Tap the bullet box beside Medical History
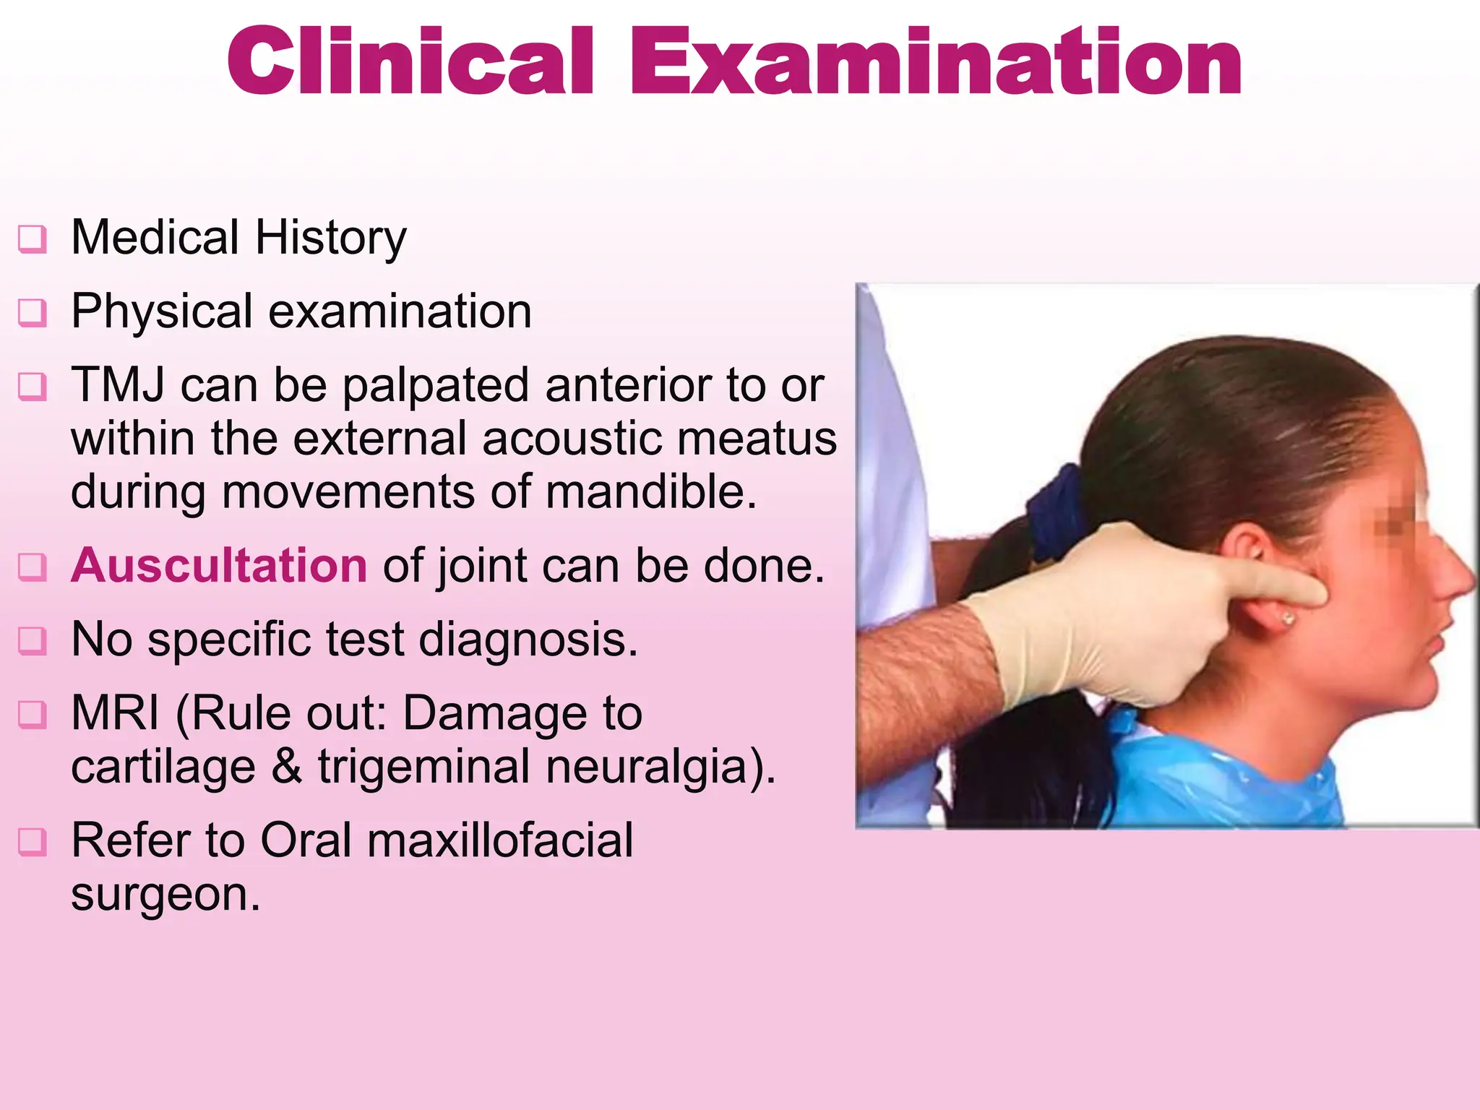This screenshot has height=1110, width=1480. pyautogui.click(x=32, y=239)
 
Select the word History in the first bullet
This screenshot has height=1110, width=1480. pyautogui.click(x=330, y=238)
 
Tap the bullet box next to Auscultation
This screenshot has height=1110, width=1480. pyautogui.click(x=32, y=567)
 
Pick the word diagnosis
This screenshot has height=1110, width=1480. pyautogui.click(x=528, y=640)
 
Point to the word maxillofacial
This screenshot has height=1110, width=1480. pyautogui.click(x=499, y=840)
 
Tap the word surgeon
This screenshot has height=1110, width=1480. pyautogui.click(x=165, y=895)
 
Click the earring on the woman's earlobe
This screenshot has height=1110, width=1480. pyautogui.click(x=1288, y=618)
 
